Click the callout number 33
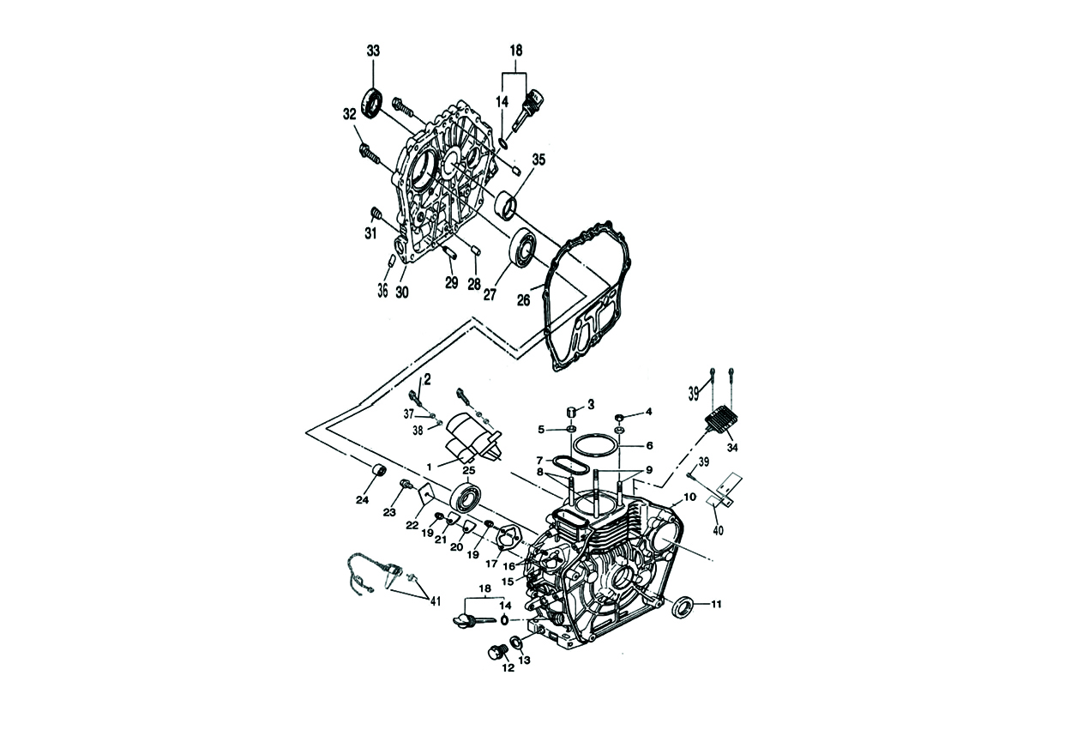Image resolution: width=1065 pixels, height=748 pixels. point(373,51)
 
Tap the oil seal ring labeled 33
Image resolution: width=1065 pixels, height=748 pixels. point(372,102)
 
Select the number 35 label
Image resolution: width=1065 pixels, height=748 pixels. point(539,160)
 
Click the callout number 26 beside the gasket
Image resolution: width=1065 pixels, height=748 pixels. point(524,299)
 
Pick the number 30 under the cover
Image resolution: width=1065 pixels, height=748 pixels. point(402,292)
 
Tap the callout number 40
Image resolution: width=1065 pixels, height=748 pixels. point(719,530)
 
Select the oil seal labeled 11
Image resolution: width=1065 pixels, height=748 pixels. point(684,606)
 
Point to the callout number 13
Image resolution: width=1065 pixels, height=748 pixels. point(525,660)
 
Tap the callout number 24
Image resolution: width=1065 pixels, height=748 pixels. point(363,500)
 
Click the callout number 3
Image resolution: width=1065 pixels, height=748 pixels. point(591,404)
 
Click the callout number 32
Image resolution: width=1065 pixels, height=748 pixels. point(349,114)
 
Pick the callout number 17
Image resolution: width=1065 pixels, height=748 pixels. point(491,564)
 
